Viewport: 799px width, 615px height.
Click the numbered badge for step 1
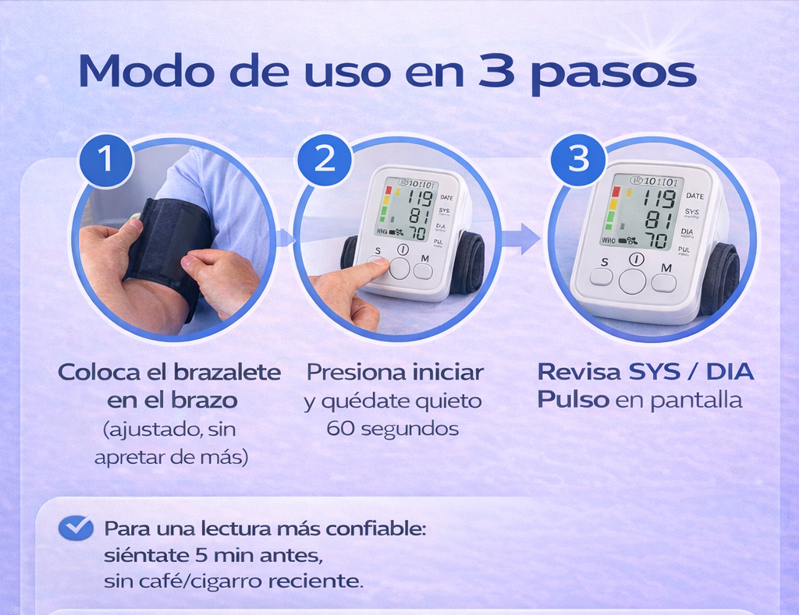pos(105,159)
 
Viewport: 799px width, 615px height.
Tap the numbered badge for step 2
pos(324,159)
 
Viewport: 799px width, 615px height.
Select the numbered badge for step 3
pos(578,159)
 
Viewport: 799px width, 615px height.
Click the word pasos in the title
pos(613,75)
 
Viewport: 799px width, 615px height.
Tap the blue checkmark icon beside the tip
pos(76,528)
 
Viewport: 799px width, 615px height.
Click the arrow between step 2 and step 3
pos(520,239)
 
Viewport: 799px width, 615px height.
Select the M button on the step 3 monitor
pos(664,283)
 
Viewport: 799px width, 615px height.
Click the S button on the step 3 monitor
pos(602,277)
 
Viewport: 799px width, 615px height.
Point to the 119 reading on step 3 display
pos(659,199)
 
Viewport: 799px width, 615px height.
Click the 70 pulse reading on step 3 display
pos(657,239)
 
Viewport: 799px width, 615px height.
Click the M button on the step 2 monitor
pos(423,271)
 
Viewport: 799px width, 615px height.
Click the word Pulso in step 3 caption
pos(574,400)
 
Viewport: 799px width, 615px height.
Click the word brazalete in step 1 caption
pos(229,372)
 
